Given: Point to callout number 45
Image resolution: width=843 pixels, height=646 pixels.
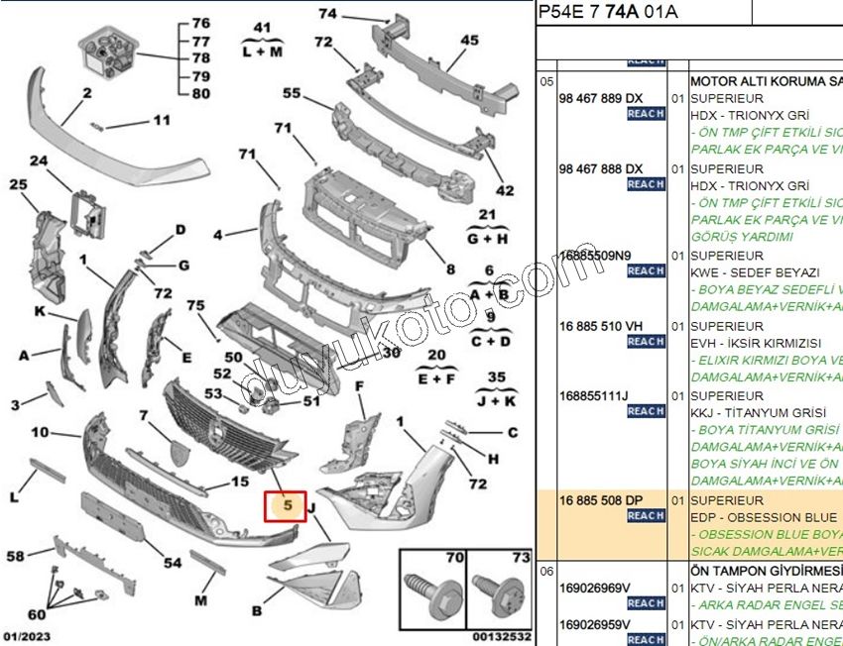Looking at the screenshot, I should coord(469,41).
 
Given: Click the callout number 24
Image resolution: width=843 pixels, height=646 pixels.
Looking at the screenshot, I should coord(38,161).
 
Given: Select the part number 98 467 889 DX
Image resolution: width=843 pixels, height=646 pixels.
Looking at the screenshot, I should coord(600,98).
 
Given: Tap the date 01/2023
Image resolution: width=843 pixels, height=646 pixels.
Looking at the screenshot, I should coord(27,636).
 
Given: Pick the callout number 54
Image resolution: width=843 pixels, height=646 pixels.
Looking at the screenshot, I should coord(173,563).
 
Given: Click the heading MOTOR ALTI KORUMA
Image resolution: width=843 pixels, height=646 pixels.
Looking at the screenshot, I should coord(764,80).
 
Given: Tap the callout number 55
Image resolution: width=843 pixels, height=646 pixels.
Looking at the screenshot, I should coord(291,93).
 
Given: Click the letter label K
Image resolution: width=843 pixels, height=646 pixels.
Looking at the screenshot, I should coord(40,310).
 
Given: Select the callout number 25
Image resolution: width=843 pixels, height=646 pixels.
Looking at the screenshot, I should coord(18,184).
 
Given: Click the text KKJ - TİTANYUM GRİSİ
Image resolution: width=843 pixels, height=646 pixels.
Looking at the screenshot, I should coord(755,412).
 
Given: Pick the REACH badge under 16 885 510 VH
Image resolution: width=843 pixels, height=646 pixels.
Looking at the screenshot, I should coord(646,341).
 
